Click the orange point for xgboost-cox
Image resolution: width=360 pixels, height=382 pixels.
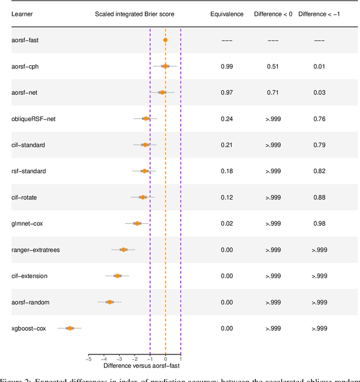[70, 328]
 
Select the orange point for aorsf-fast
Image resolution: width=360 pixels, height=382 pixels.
[165, 40]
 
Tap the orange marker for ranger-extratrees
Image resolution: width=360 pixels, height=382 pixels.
[123, 249]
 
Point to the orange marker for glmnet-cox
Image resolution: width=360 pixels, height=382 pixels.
[137, 224]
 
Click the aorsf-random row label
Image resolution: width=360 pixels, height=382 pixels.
[30, 302]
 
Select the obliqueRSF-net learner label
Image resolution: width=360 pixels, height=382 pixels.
[33, 119]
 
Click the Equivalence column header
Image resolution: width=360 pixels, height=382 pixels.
[227, 13]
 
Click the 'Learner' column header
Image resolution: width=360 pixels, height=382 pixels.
[22, 13]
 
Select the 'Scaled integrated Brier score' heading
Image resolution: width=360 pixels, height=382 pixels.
[134, 13]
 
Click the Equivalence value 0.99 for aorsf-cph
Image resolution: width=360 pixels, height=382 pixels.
[227, 66]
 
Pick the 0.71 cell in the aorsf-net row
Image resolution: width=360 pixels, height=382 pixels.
[273, 92]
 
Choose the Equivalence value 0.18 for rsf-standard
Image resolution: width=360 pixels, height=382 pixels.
[227, 171]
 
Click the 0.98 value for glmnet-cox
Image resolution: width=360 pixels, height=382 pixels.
[319, 224]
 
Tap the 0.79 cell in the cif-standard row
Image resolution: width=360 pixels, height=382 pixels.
[319, 145]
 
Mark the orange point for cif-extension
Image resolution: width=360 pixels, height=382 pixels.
[117, 276]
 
